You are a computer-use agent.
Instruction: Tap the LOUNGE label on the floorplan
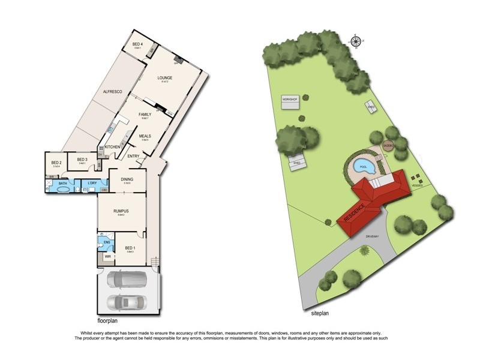pos(165,78)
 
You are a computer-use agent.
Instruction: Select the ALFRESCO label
pos(113,91)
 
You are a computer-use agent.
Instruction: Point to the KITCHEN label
pos(113,147)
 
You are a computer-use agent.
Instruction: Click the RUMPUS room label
pos(122,211)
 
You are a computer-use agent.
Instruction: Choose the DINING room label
pos(127,179)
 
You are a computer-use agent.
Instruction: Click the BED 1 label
pos(131,248)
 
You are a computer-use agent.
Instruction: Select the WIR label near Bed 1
pos(108,256)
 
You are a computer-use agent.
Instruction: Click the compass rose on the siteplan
pos(356,41)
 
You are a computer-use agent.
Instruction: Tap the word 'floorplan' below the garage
pos(110,321)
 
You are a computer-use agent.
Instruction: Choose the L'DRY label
pos(92,182)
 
